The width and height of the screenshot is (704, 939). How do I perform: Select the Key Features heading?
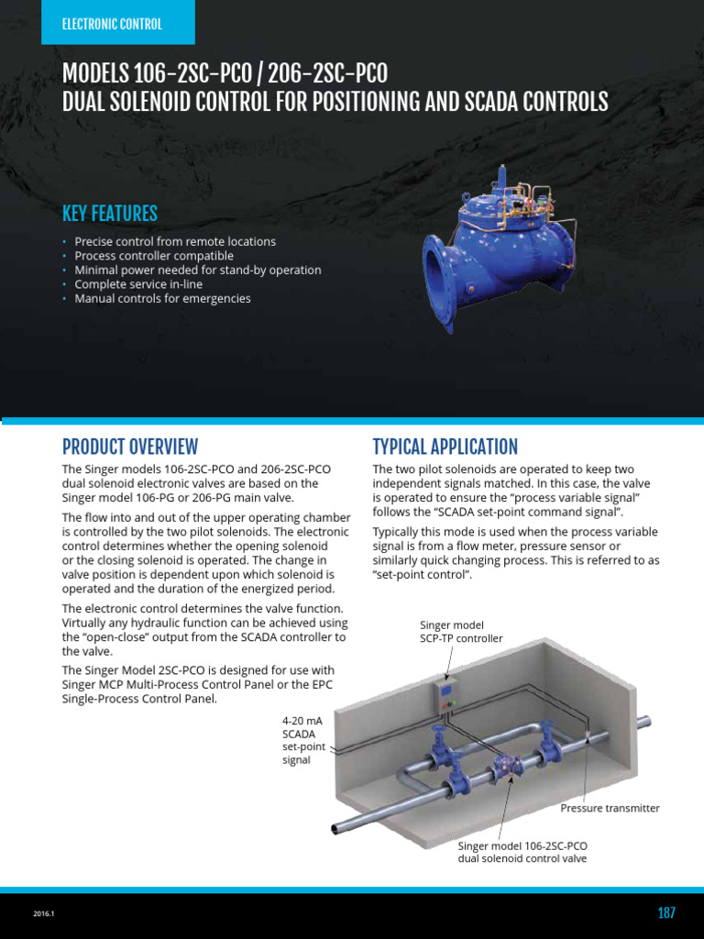tap(110, 214)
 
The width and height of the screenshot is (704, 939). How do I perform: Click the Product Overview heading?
tap(129, 447)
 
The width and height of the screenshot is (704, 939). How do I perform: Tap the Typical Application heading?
tap(445, 447)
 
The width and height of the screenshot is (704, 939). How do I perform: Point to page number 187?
tap(666, 912)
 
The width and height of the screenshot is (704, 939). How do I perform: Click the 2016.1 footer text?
tap(45, 913)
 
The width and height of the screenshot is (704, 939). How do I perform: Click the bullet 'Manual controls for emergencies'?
tap(162, 298)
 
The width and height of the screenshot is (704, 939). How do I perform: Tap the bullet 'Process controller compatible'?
tap(154, 256)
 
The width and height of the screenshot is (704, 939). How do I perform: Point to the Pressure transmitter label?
tap(610, 808)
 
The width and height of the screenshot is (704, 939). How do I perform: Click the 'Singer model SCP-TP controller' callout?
tap(461, 631)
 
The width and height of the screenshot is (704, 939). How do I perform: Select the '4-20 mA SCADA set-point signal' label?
tap(302, 740)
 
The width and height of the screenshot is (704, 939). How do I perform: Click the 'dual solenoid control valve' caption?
tap(522, 858)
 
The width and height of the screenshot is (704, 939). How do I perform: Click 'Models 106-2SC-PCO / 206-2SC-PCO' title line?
tap(225, 73)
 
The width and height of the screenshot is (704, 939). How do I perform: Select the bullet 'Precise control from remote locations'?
tap(175, 241)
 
